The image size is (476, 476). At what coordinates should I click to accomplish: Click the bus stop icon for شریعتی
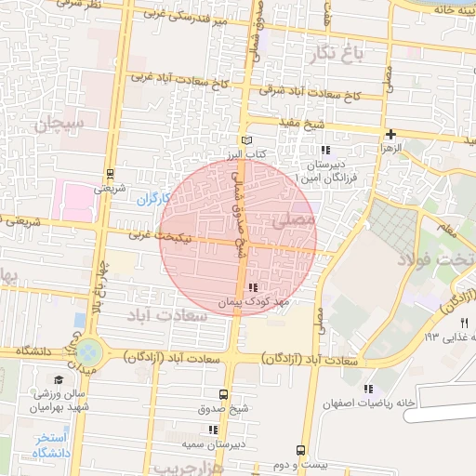tap(111, 173)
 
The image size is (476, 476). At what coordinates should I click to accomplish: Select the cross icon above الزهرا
tap(391, 134)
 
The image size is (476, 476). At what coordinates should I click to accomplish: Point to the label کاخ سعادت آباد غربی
tap(179, 80)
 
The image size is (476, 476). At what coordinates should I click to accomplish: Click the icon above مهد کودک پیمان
tap(254, 287)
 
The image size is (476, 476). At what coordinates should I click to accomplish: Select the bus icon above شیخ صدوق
tap(222, 394)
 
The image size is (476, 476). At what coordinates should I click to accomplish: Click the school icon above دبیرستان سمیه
tap(213, 430)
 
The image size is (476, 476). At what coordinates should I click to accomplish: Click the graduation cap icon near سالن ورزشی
tap(59, 380)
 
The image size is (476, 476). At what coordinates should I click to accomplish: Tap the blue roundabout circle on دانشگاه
tap(89, 351)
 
